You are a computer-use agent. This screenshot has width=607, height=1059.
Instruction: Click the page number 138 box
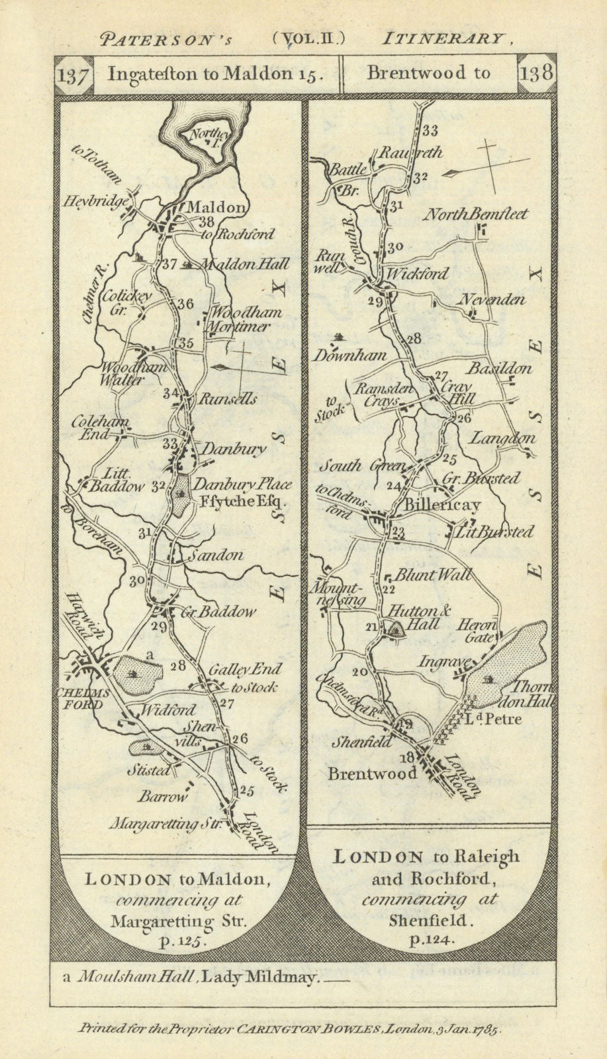pos(536,73)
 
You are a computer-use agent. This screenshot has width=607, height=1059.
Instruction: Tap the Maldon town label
pos(215,207)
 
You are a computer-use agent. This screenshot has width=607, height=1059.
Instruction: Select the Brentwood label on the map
pos(373,772)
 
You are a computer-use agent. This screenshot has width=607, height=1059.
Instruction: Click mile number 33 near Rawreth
pos(430,130)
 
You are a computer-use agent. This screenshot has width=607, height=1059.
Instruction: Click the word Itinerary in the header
pos(446,38)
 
